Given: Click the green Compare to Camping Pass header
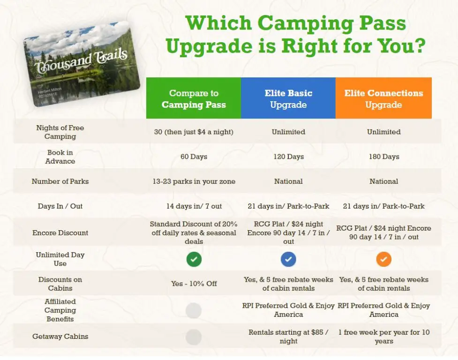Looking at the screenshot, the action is point(194,98).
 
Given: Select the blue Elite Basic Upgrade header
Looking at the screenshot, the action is point(288,98).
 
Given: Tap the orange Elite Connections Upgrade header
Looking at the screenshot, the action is point(383,98).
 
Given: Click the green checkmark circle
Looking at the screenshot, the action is point(194,259).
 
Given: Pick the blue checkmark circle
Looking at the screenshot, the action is point(288,259).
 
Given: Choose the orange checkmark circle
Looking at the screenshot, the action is point(384,259).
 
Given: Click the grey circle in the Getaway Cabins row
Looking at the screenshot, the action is point(193,337).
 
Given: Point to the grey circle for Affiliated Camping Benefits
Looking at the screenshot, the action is point(193,310).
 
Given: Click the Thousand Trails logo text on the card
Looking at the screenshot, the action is point(81,62).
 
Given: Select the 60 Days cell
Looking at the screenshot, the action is point(194,157).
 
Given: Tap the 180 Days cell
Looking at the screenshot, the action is point(384,157).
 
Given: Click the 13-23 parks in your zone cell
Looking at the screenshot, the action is point(194,181).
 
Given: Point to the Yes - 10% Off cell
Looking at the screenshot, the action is point(194,284).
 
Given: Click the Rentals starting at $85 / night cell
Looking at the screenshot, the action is point(288,337).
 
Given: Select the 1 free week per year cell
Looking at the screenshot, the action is point(384,337).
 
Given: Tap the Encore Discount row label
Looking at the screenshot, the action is point(60,232).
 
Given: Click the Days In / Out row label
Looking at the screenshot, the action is point(60,206).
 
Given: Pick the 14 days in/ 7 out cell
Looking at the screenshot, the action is point(194,206).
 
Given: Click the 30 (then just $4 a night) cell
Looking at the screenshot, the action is point(194,132).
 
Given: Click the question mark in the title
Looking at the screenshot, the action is point(419,46).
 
